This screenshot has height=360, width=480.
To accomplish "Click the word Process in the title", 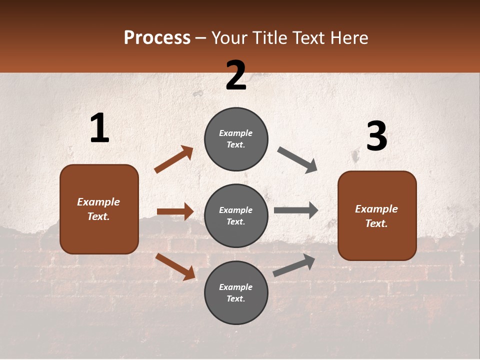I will click(x=157, y=38).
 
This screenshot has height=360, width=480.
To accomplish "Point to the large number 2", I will click(x=236, y=75).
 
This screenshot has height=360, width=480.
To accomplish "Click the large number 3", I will click(x=376, y=136).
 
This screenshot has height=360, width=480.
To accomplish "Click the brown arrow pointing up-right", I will click(x=174, y=159).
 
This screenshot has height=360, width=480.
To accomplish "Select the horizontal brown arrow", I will click(x=175, y=211).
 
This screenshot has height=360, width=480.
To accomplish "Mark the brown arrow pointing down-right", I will click(x=175, y=266).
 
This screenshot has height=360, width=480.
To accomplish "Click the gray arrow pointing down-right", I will click(x=297, y=160).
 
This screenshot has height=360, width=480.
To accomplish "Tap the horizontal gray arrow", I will click(x=296, y=210).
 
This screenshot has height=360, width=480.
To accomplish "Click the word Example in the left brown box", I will click(x=98, y=202).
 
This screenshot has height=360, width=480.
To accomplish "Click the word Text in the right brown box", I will click(x=376, y=223).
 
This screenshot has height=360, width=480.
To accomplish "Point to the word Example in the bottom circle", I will click(x=236, y=287).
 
